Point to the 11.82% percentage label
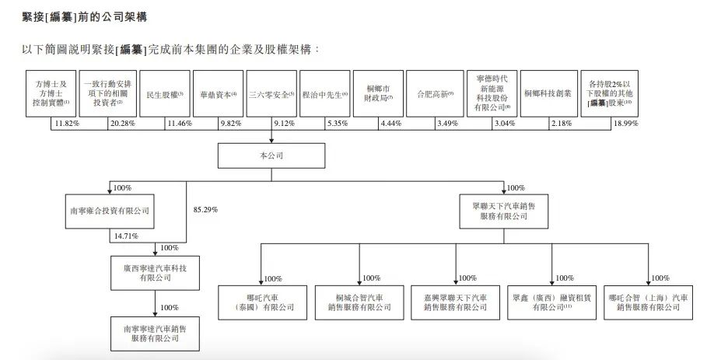point(65,124)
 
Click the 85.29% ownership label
point(204,210)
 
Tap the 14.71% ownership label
point(124,236)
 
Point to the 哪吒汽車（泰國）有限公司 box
point(261,302)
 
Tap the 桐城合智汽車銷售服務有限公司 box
point(359,302)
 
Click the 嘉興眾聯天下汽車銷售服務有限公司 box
point(455,302)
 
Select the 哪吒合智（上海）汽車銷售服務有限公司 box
point(648,302)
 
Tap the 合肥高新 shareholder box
point(429,95)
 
